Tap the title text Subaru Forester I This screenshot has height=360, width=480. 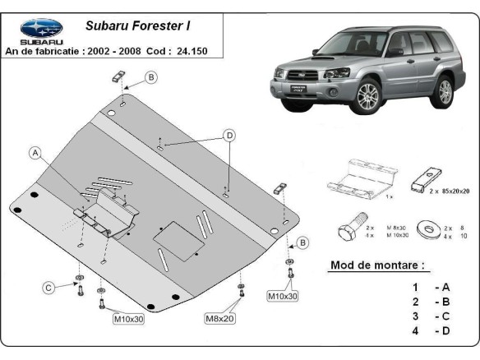[x=139, y=25]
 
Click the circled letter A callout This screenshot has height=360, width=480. [x=35, y=152]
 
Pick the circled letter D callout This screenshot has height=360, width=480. [x=230, y=136]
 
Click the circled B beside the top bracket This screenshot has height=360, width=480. [x=150, y=77]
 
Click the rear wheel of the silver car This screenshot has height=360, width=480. [x=445, y=91]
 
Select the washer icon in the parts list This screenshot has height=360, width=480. [x=428, y=228]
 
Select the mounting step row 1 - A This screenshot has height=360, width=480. [x=431, y=287]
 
